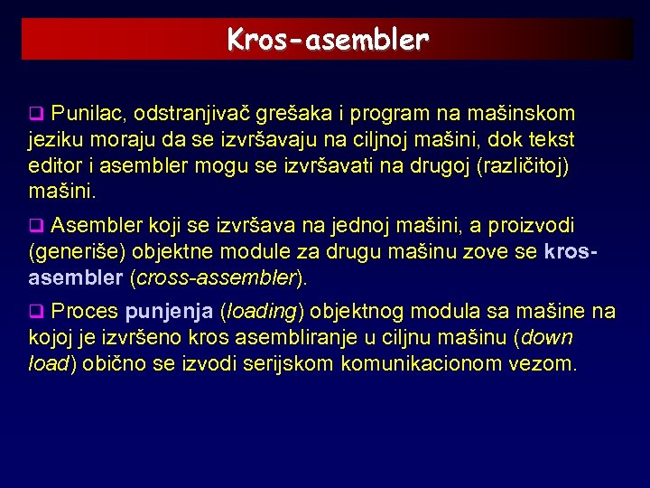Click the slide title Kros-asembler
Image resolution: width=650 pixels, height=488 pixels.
[328, 40]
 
